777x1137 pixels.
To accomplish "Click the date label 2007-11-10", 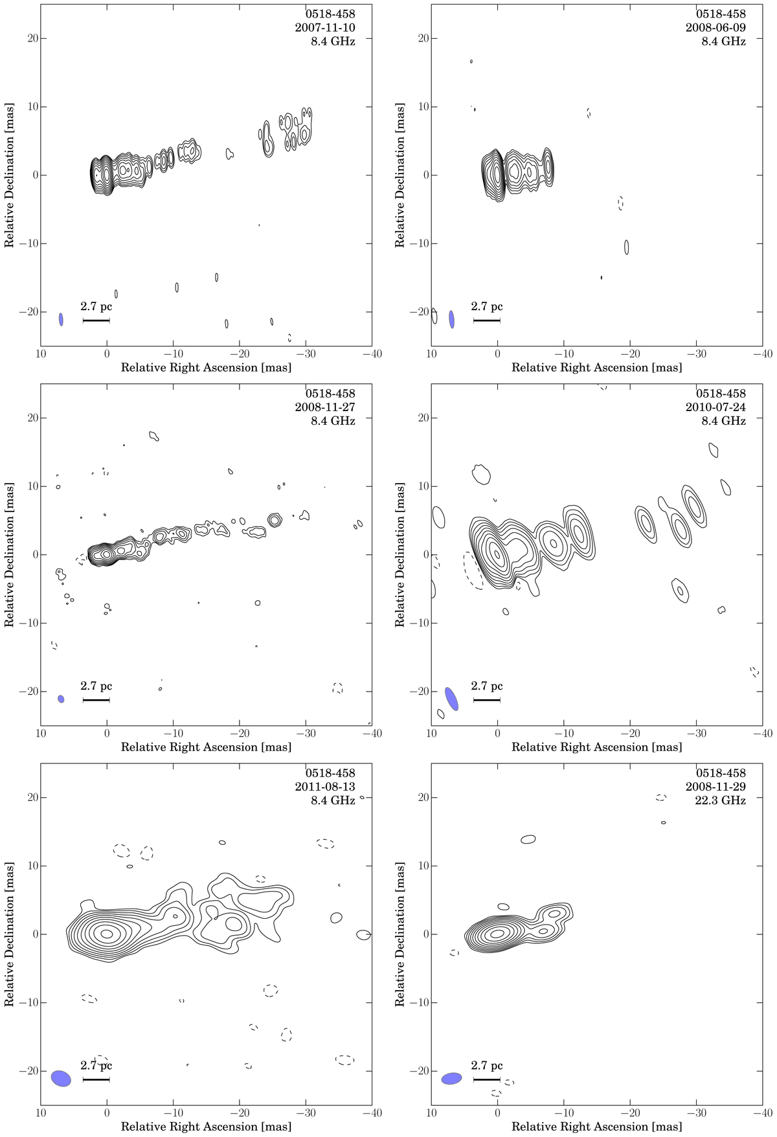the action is [x=325, y=28].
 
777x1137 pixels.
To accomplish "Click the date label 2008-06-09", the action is [x=715, y=28].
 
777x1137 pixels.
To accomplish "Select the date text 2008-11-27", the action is [x=325, y=407].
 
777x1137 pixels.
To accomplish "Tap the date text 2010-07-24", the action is [x=715, y=407].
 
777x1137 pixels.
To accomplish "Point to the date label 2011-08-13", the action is [x=325, y=787].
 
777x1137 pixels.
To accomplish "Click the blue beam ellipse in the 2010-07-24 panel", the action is [x=451, y=699].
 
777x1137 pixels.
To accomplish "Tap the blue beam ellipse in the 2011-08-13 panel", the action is [x=61, y=1078].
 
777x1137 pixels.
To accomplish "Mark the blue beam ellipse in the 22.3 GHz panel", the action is [x=451, y=1079].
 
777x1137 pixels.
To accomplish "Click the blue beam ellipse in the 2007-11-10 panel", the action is [x=61, y=319].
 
